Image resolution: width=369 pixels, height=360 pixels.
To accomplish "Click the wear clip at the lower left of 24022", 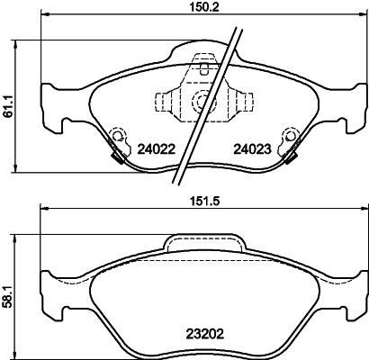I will click(x=115, y=155).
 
